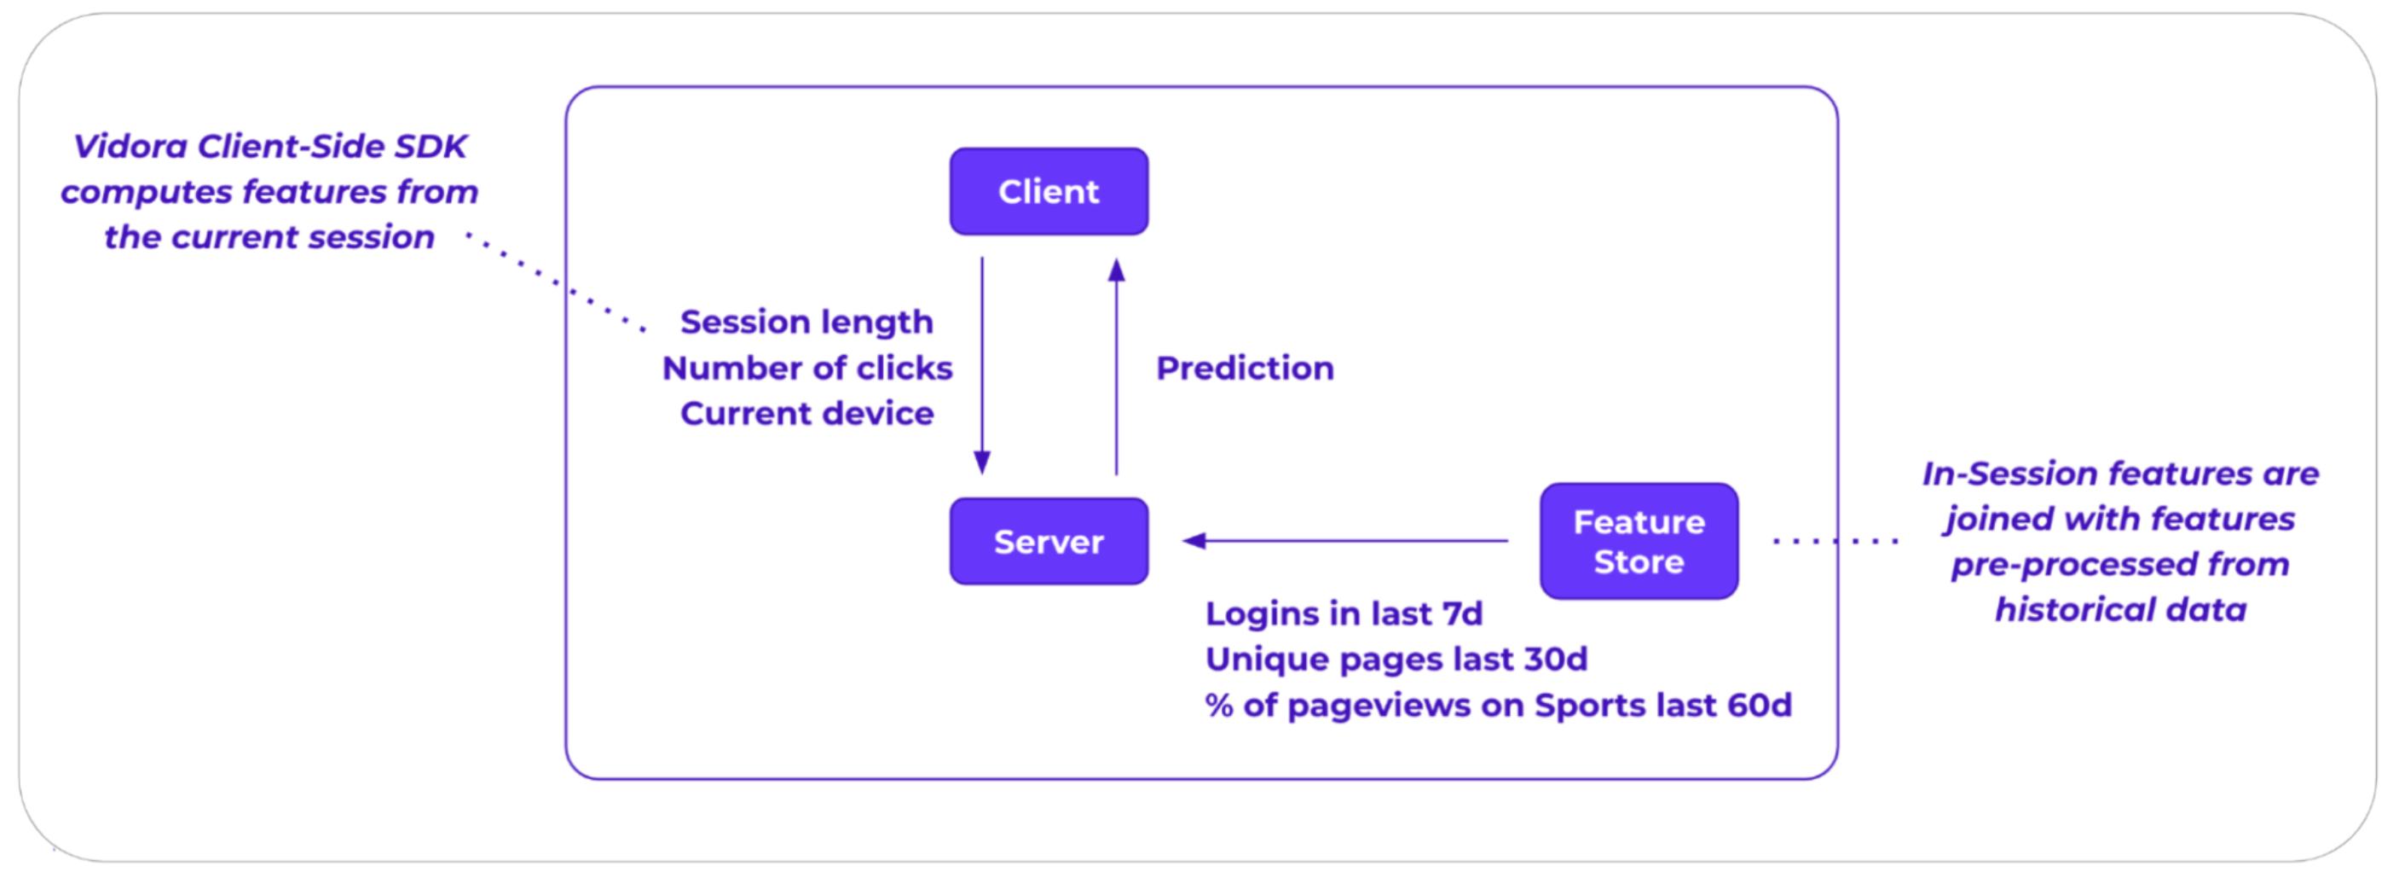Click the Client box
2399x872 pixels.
(x=1049, y=191)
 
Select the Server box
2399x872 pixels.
(x=1049, y=541)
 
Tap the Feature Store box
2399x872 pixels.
(x=1639, y=541)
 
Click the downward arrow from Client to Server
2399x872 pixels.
(x=981, y=366)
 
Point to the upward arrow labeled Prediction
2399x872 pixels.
(x=1117, y=366)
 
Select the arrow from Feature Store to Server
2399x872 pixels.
(x=1344, y=540)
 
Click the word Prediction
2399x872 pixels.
(x=1246, y=368)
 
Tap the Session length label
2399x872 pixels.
(x=806, y=323)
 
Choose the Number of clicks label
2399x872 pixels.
(x=807, y=368)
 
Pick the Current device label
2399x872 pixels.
(x=806, y=413)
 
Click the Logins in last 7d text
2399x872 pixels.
(x=1344, y=614)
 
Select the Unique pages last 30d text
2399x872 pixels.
(x=1396, y=660)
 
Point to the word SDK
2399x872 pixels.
(x=431, y=146)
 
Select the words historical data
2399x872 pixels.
(x=2120, y=609)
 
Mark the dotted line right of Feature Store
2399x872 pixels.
(x=1835, y=540)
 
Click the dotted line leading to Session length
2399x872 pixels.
(x=555, y=281)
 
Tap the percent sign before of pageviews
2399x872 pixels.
(x=1219, y=706)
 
